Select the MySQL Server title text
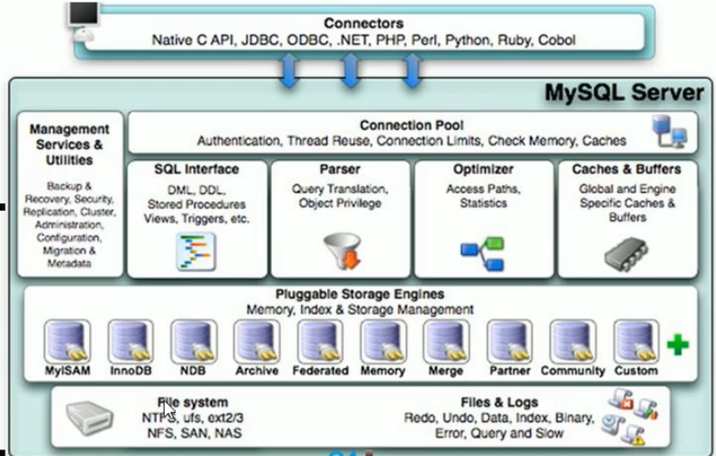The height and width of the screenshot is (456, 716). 624,92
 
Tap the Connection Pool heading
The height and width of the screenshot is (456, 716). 411,125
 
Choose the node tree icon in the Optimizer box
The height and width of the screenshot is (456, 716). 483,249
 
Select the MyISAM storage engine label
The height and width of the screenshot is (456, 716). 66,371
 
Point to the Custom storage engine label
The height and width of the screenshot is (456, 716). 636,371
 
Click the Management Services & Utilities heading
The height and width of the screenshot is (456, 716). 70,145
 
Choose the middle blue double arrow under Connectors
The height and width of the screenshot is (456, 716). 351,70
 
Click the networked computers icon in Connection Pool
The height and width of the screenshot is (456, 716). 668,135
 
